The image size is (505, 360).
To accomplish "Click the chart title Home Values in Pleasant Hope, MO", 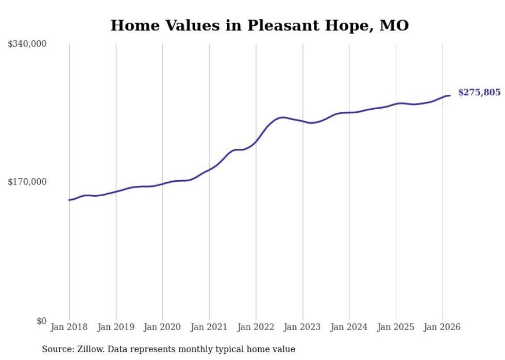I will coord(259,25).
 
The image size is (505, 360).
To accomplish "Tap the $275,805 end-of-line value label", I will coord(479,93).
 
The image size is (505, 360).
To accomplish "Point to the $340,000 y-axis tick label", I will coord(27,44).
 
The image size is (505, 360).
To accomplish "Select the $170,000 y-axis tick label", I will coord(27,182).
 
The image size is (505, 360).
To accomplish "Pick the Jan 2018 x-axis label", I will coord(69,327).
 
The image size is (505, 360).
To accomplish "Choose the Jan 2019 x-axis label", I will coord(115,327).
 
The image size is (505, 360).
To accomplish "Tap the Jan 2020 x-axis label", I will coord(162,327).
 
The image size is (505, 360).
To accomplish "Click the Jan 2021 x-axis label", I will coord(209,327).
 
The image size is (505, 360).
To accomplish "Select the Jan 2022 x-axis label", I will coord(256,327).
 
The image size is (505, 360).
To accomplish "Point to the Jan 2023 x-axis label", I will coord(302,327).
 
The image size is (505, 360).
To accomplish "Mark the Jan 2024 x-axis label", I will coord(349,327).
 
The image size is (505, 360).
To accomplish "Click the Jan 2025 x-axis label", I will coord(396,327).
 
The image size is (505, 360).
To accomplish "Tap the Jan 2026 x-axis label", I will coord(442,327).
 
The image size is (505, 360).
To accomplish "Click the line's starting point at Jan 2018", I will coord(69,200).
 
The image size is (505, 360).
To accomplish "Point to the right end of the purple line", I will coord(450,95).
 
